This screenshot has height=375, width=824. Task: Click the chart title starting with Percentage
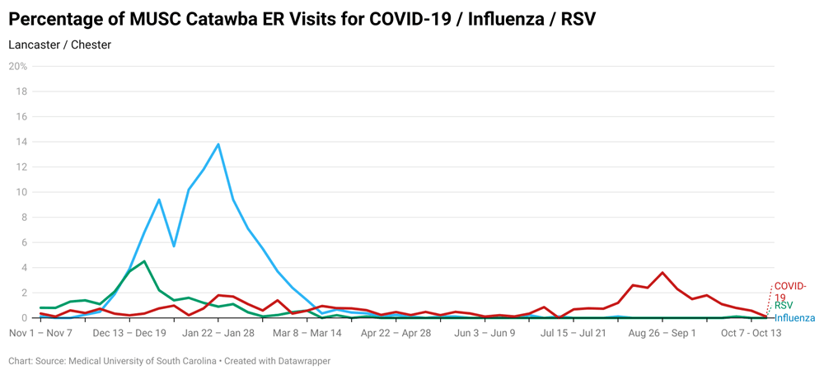coord(302,19)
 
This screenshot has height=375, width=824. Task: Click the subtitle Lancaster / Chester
coord(59,45)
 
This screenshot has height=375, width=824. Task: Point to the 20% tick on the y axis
coord(18,67)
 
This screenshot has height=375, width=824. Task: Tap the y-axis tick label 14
coord(21,142)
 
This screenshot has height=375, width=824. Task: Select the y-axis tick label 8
coord(24,218)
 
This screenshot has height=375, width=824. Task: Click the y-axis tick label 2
coord(24,293)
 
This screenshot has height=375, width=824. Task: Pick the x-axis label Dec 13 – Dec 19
coord(129,334)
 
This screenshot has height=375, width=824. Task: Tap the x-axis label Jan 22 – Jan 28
coord(218,334)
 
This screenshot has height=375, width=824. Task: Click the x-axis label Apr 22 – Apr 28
coord(396,334)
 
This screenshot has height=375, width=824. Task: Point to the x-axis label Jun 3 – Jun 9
coord(485,334)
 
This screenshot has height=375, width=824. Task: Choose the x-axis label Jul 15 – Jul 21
coord(574,334)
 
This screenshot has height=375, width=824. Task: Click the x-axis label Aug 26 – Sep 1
coord(662,334)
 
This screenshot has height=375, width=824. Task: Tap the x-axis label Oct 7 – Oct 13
coord(751,334)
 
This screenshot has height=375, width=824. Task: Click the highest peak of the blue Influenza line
coord(218,144)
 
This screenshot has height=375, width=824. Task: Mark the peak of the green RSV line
coord(144,261)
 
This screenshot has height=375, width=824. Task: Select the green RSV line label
coord(784,306)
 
